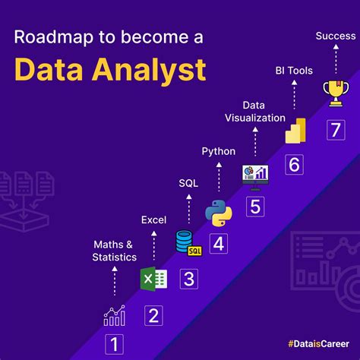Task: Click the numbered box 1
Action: click(113, 344)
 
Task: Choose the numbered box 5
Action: click(256, 207)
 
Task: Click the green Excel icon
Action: click(153, 279)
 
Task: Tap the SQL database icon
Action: click(188, 244)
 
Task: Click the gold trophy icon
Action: click(333, 94)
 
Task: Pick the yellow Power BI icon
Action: click(294, 131)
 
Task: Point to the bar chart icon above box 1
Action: click(115, 315)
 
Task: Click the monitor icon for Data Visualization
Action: click(255, 175)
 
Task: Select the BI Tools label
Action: click(293, 71)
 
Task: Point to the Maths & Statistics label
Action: click(115, 251)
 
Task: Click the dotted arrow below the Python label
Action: click(219, 176)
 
